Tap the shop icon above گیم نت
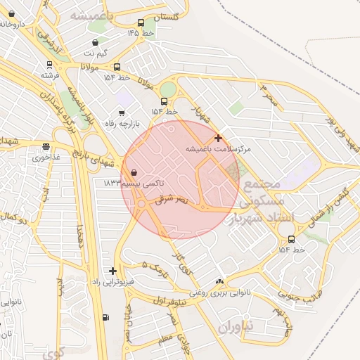(x=96, y=42)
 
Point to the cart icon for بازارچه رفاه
(x=122, y=112)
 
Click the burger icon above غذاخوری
(x=46, y=146)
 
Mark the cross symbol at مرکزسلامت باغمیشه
(x=219, y=138)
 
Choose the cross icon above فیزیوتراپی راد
(x=112, y=271)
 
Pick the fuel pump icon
(x=105, y=317)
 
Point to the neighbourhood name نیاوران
(x=233, y=328)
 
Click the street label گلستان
(x=165, y=15)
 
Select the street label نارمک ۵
(x=155, y=266)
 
